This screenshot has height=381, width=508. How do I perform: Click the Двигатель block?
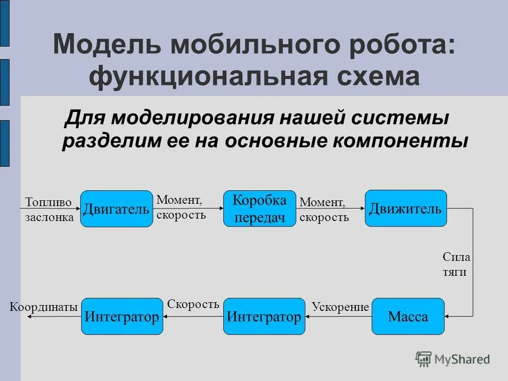(x=116, y=209)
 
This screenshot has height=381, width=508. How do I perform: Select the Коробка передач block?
(x=260, y=209)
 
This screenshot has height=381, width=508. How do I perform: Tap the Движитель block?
(x=406, y=209)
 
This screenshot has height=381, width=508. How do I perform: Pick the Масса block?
(x=408, y=317)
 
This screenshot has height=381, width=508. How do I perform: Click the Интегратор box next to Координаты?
(x=122, y=317)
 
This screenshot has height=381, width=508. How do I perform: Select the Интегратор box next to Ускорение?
(x=264, y=317)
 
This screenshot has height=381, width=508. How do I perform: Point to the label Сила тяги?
(x=456, y=264)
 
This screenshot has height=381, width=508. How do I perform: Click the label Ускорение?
(x=340, y=307)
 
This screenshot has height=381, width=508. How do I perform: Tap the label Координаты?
(x=44, y=307)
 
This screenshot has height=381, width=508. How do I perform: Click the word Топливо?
(x=48, y=202)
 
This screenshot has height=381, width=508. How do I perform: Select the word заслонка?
(x=49, y=217)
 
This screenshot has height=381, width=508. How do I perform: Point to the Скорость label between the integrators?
(x=193, y=304)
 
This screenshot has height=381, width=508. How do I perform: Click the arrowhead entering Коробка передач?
(x=221, y=209)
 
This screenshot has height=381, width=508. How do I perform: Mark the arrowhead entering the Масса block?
(x=448, y=317)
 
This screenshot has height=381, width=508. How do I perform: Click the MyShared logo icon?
(x=423, y=358)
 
